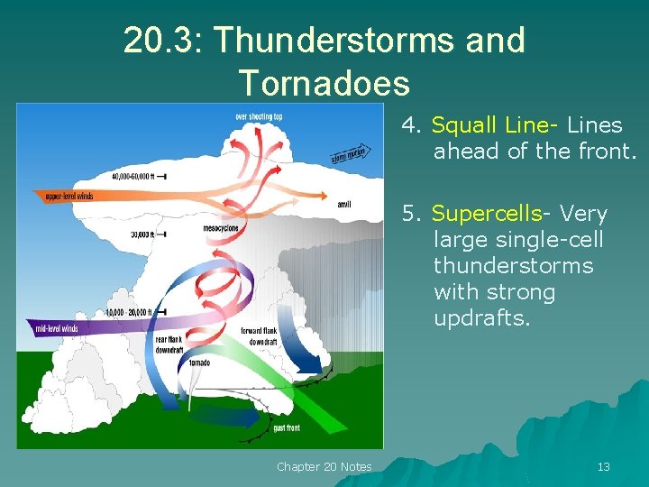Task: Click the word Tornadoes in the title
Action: pos(324,83)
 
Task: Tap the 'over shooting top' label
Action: pos(259,116)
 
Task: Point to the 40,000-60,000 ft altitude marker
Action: pos(139,176)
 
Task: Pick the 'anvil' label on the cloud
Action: pos(343,205)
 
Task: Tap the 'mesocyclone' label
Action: pos(221,228)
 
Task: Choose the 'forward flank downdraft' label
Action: pos(260,336)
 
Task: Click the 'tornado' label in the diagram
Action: pos(199,363)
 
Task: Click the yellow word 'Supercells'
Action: pos(486,214)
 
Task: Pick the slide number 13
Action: pos(603,466)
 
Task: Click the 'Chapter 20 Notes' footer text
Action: pos(324,466)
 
